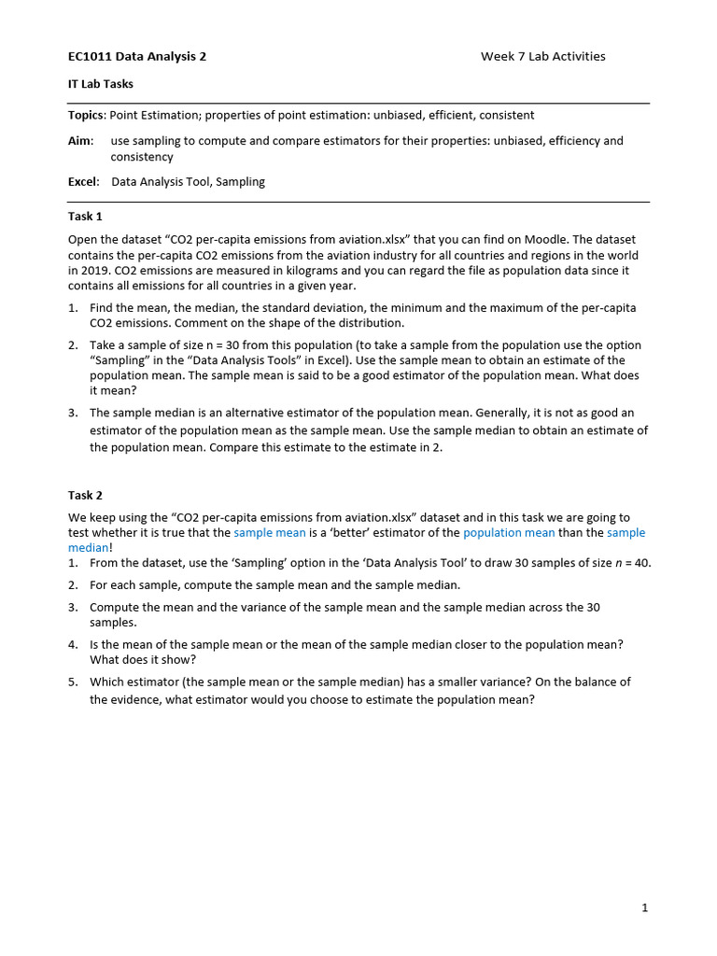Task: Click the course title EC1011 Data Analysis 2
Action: (x=137, y=56)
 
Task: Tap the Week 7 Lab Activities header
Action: (x=542, y=56)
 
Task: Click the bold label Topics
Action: (x=87, y=115)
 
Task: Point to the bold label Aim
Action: (x=80, y=141)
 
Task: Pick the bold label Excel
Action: (x=83, y=182)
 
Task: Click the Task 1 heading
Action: (x=85, y=217)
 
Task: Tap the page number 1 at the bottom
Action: (x=644, y=907)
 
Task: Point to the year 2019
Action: (x=93, y=271)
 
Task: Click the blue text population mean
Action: (x=509, y=532)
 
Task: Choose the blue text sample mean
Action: (x=270, y=532)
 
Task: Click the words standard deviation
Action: (x=317, y=308)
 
